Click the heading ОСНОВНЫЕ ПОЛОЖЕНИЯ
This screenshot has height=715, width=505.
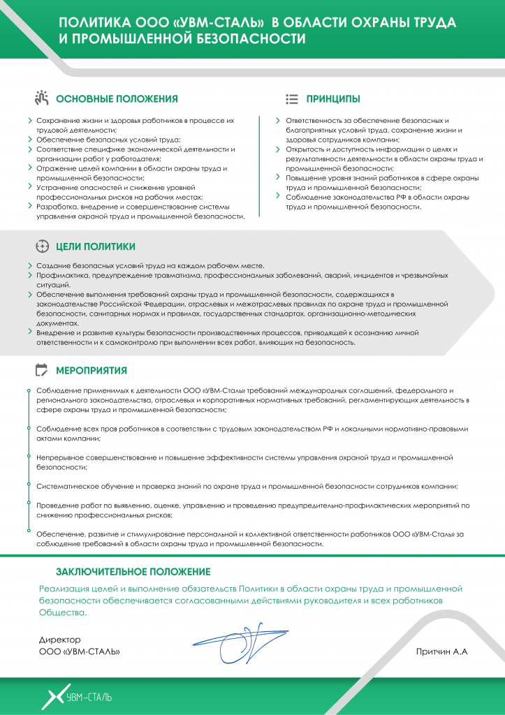pos(117,99)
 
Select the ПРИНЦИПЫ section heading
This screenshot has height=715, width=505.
pos(333,99)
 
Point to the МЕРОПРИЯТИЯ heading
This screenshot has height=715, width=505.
pos(92,370)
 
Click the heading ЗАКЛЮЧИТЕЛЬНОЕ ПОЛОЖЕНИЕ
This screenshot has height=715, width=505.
pos(133,572)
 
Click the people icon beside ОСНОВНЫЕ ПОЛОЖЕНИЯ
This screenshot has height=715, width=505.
pos(41,98)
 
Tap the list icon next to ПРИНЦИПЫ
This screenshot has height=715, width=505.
pos(293,99)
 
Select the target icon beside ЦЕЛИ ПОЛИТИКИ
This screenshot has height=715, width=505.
pos(41,246)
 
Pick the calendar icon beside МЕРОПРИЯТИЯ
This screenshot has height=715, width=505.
pos(41,370)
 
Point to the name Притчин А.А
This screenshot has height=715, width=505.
pos(441,651)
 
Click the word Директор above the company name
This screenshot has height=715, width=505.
pos(60,640)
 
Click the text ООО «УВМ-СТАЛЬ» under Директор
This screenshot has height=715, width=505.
pos(79,651)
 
